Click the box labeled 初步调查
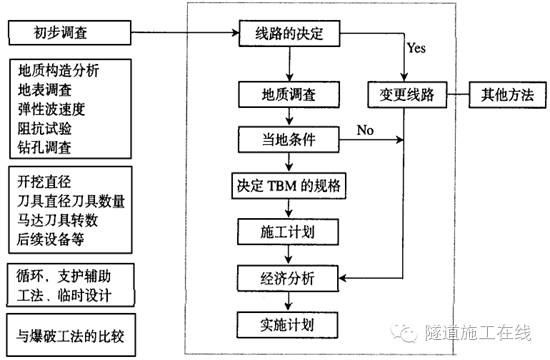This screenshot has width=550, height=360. coord(66,33)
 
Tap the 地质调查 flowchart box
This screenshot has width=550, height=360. coord(289,96)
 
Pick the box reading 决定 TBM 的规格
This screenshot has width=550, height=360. coord(289,186)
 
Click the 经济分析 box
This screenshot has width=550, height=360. coord(289,277)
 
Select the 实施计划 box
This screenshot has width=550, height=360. coord(289,323)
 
